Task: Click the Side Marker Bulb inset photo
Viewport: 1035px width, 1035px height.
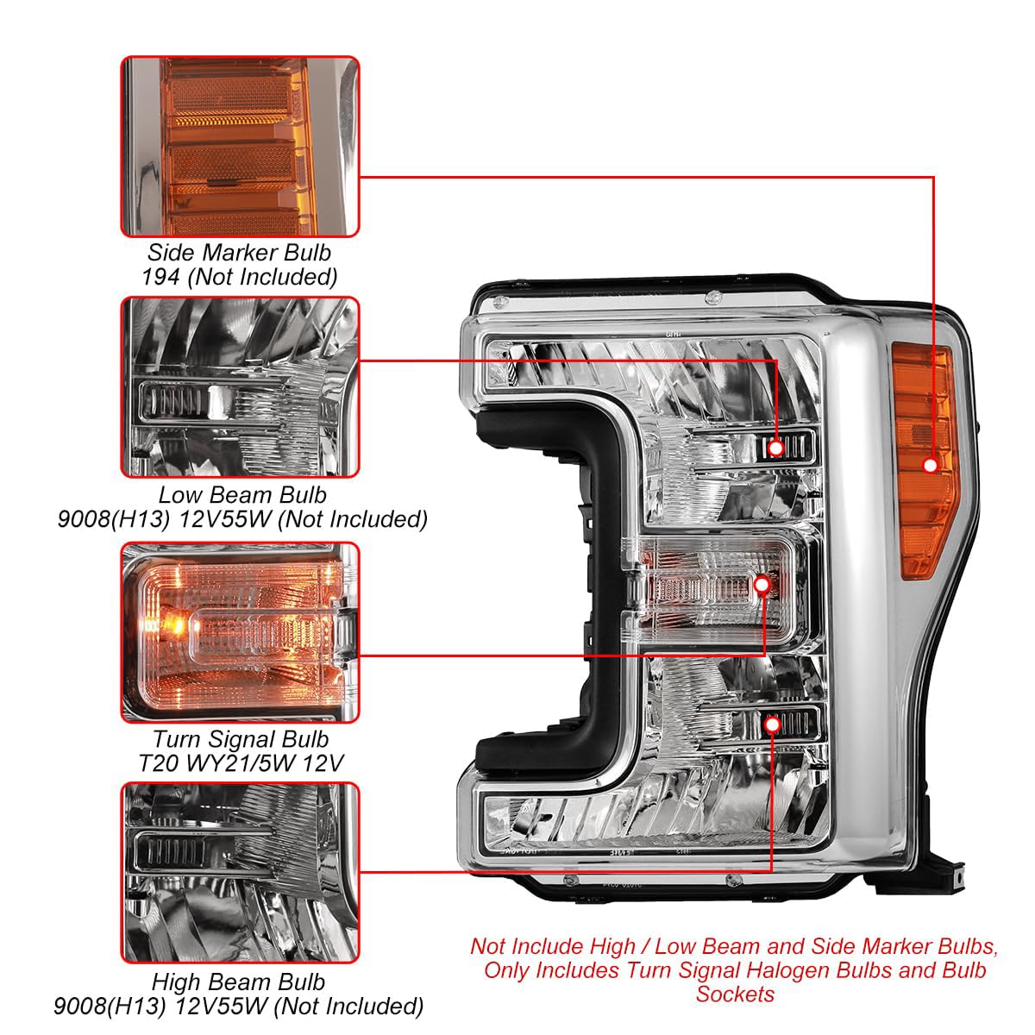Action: tap(240, 147)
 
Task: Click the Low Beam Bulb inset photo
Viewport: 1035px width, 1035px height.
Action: tap(240, 387)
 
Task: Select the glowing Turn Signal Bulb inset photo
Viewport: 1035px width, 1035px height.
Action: tap(240, 633)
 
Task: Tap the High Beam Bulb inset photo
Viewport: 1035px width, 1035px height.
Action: tap(240, 873)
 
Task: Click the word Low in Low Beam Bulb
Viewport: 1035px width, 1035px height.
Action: tap(177, 495)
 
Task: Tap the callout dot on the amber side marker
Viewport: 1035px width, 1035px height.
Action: tap(931, 465)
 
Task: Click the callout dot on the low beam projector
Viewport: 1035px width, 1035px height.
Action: tap(776, 448)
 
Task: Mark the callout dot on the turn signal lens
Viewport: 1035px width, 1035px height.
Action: tap(762, 585)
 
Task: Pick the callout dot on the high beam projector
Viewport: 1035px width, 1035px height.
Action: tap(772, 725)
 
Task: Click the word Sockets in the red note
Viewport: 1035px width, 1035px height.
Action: tap(736, 994)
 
